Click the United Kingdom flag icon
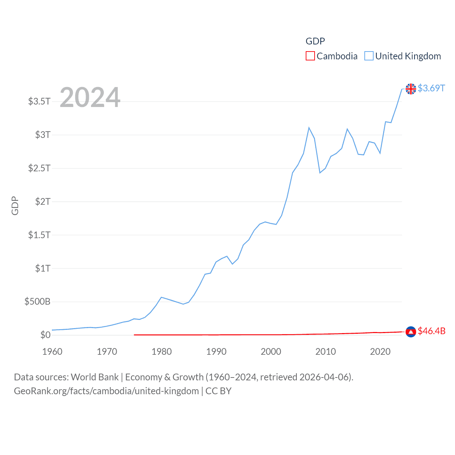tap(411, 89)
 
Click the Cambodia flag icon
tap(411, 332)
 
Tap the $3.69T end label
tap(431, 88)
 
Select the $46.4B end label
tap(432, 331)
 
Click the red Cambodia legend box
tap(310, 56)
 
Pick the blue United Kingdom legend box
tap(369, 56)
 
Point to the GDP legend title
tap(315, 41)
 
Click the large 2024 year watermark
tap(90, 97)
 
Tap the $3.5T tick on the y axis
tap(39, 101)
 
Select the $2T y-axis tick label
tap(43, 202)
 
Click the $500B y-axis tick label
tap(37, 302)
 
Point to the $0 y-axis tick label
tap(45, 335)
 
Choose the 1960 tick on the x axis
tap(52, 352)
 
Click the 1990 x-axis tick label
tap(216, 352)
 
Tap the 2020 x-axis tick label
tap(380, 352)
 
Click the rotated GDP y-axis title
tap(15, 205)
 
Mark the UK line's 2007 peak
tap(309, 128)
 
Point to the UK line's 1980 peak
tap(161, 297)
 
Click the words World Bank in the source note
tap(95, 377)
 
